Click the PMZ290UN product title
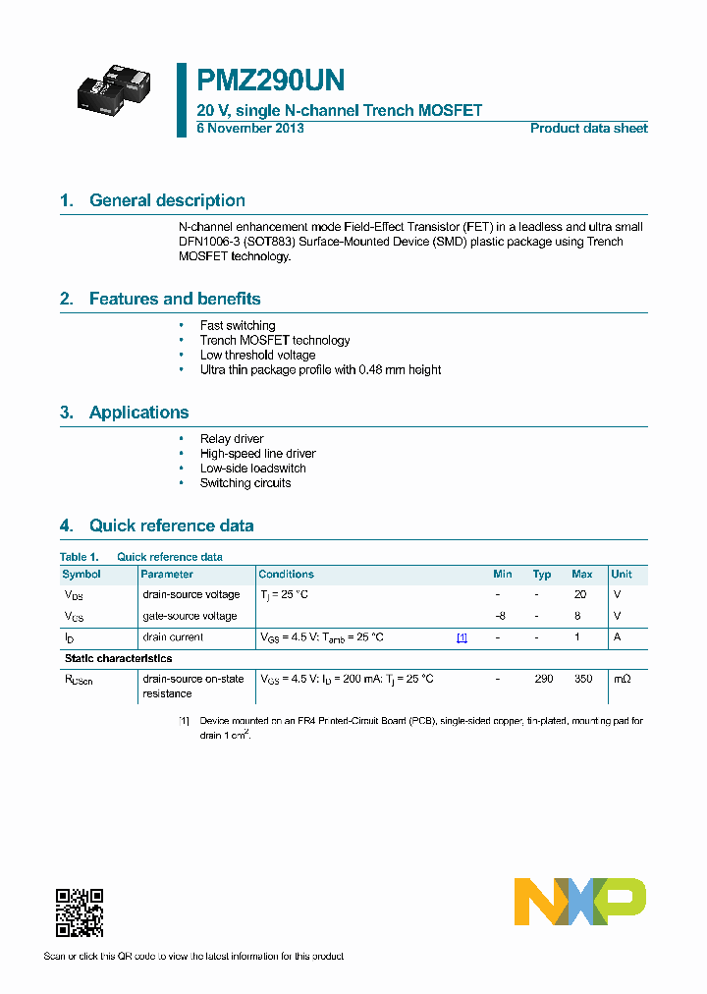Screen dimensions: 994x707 click(270, 81)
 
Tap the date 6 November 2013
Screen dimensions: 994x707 click(250, 129)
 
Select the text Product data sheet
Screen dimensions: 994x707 click(588, 129)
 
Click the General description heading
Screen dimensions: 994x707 click(167, 200)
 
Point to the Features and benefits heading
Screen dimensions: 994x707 click(175, 299)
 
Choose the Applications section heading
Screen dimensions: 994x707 click(138, 413)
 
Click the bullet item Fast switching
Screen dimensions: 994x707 click(238, 325)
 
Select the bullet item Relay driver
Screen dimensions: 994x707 click(232, 439)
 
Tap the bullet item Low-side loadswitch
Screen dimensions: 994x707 click(253, 469)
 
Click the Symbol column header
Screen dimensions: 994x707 click(82, 574)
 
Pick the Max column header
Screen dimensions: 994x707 click(581, 574)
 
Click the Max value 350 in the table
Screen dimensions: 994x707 click(582, 679)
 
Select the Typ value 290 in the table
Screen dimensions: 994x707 click(543, 679)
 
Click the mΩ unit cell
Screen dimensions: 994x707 click(623, 679)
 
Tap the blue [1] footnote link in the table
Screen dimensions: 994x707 click(462, 637)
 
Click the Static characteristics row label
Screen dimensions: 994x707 click(118, 658)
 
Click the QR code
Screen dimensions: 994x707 click(80, 912)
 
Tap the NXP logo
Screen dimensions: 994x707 click(580, 902)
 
